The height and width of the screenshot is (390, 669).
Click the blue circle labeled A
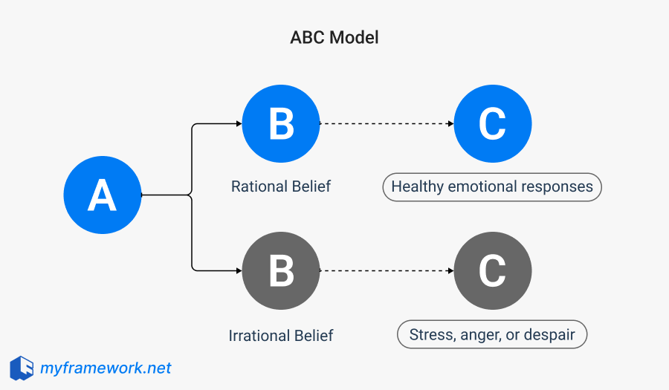point(102,195)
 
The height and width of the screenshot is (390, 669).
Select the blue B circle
point(281,124)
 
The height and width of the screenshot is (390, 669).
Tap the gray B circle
point(281,271)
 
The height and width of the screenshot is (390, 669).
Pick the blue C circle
point(492,124)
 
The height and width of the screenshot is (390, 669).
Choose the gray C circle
point(492,271)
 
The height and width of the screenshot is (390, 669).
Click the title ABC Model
point(334,37)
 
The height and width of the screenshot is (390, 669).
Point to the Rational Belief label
point(281,186)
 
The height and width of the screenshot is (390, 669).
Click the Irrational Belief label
point(281,335)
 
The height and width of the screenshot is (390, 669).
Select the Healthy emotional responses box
point(492,186)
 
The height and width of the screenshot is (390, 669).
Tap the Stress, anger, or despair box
point(492,334)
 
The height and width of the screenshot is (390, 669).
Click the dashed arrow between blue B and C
point(387,124)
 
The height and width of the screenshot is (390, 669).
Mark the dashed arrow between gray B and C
point(387,271)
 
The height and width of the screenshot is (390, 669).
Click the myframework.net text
point(106,368)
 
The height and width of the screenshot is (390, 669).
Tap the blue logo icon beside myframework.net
point(22,368)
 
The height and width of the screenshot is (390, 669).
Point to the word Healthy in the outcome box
point(417,186)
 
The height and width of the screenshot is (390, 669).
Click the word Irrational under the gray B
point(256,335)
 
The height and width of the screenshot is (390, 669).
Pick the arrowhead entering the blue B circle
point(238,124)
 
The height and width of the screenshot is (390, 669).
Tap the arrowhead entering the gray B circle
point(238,271)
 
